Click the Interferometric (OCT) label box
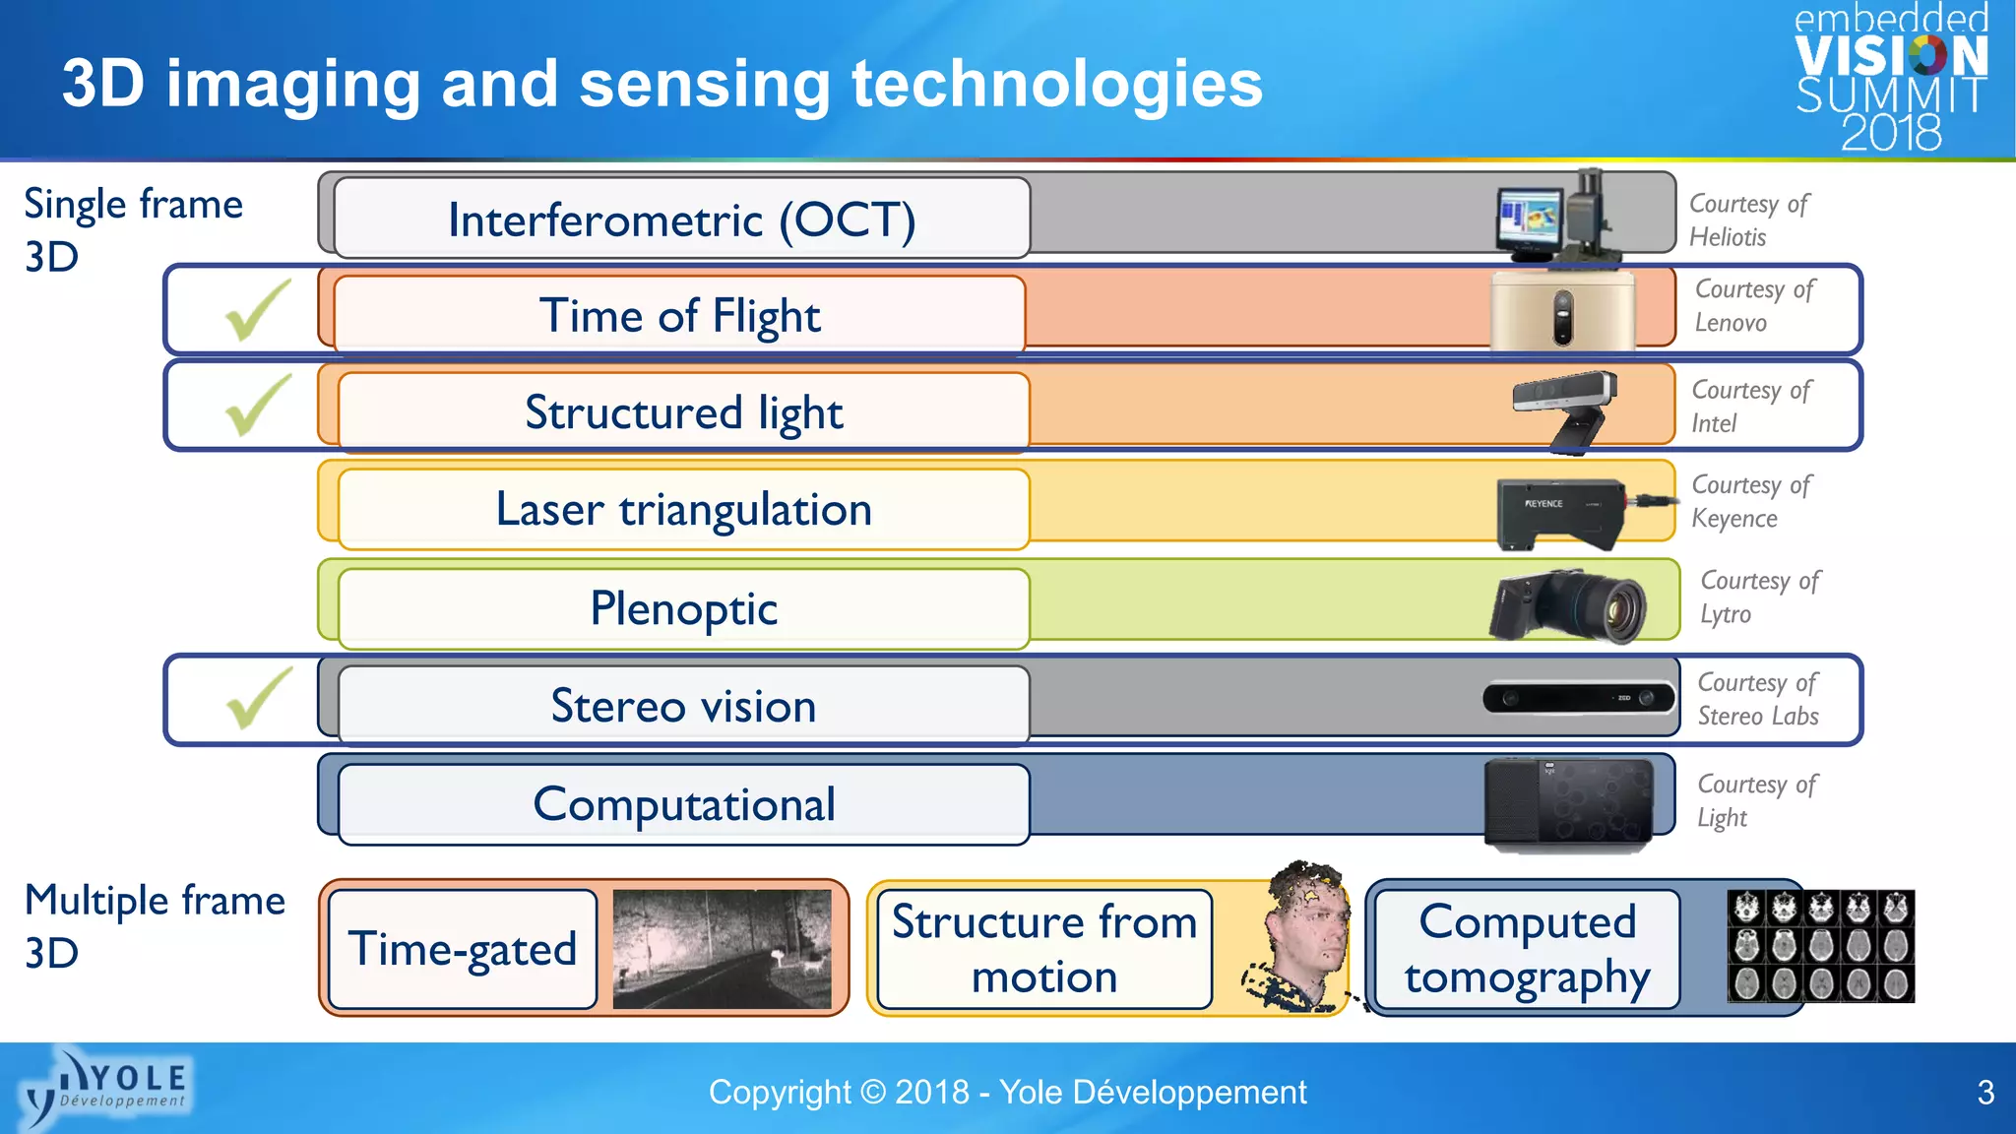click(x=681, y=219)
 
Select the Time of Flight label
click(x=679, y=315)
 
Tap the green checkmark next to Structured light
click(x=258, y=405)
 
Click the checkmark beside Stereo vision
click(x=258, y=698)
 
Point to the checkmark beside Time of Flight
click(x=258, y=310)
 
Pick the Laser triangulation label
click(x=683, y=509)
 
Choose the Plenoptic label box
click(x=683, y=608)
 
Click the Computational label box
click(x=683, y=804)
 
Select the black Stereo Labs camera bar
click(x=1579, y=697)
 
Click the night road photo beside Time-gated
click(x=722, y=949)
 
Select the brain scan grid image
click(x=1820, y=946)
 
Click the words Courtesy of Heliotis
click(x=1748, y=220)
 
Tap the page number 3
click(x=1984, y=1093)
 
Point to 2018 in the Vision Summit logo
click(x=1891, y=133)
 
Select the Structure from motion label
click(x=1043, y=949)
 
